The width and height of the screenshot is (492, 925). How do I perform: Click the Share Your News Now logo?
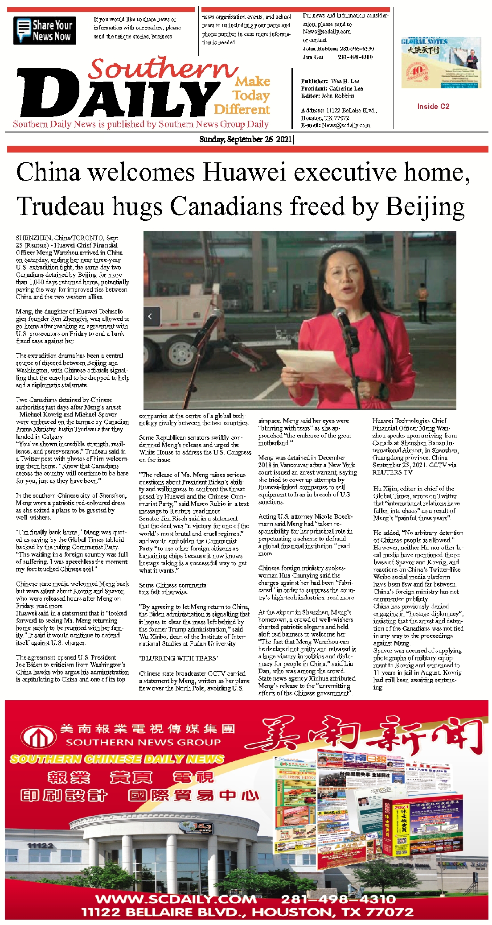point(45,30)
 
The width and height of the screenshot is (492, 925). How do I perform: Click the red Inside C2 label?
point(433,106)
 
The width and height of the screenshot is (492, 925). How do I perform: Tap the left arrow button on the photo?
point(150,316)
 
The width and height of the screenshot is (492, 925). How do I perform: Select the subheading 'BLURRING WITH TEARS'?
point(178,658)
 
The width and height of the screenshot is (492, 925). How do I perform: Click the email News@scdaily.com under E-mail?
point(346,125)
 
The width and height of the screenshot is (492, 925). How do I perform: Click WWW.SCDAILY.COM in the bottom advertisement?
point(176,899)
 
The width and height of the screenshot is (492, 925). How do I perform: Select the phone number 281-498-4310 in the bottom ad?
point(338,899)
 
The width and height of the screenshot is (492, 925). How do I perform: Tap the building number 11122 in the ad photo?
point(40,845)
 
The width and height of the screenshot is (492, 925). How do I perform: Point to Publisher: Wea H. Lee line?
point(330,81)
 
